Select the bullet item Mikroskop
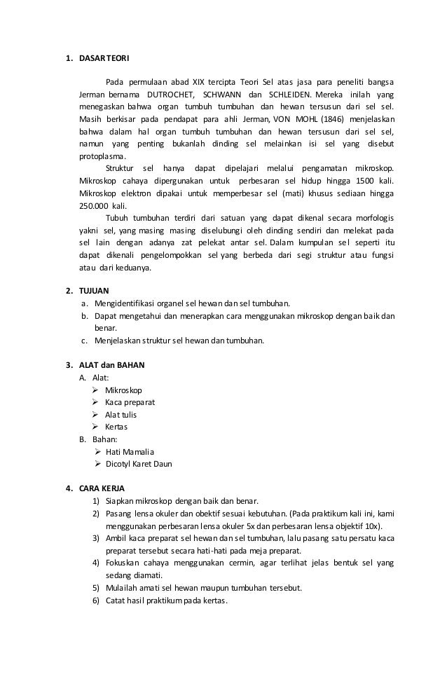(123, 390)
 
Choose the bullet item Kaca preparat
(130, 402)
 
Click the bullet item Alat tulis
(121, 414)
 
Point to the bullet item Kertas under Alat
(116, 427)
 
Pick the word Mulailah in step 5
(122, 587)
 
